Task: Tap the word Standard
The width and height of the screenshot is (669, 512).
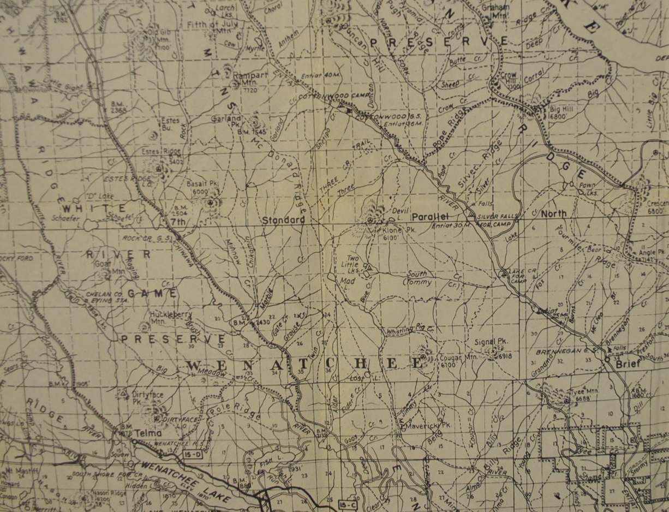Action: [283, 220]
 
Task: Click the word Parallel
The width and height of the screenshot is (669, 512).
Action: [429, 217]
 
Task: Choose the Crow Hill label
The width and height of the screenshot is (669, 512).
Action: [509, 77]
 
